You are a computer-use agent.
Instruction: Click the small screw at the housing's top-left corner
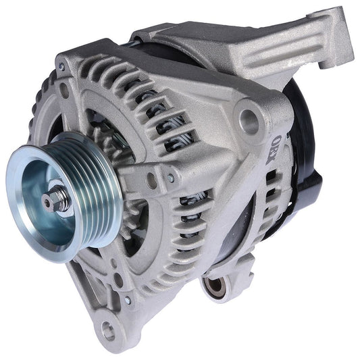[x=62, y=66]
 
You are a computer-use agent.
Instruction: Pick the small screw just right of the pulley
[x=153, y=179]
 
